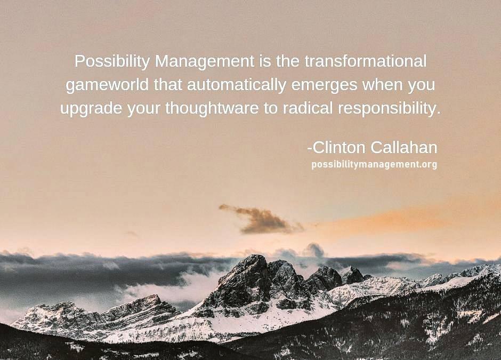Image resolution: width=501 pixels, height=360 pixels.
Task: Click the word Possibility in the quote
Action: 111,61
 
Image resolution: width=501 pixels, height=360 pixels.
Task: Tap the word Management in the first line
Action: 205,61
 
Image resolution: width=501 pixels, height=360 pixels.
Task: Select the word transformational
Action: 365,61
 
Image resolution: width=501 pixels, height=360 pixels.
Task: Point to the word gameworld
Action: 107,85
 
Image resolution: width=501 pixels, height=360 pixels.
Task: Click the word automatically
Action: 237,85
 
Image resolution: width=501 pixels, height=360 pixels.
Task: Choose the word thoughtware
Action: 212,108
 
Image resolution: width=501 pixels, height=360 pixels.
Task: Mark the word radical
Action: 308,108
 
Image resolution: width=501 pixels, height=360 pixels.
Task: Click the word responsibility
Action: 389,109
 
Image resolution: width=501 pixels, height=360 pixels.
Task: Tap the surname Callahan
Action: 404,148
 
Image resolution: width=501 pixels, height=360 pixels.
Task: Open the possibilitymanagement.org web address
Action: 374,165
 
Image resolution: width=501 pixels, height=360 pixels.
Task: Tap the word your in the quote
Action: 144,109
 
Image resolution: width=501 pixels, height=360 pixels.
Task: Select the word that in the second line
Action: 168,85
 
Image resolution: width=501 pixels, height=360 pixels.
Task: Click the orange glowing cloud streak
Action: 399,218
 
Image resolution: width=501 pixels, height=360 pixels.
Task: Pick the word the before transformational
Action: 288,61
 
